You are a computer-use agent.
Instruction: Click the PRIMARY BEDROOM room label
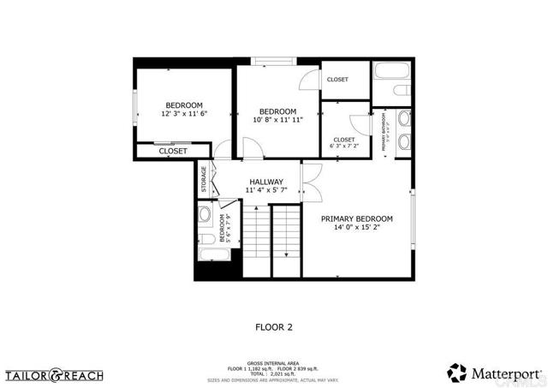[356, 218]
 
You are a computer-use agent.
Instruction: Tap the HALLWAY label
[266, 182]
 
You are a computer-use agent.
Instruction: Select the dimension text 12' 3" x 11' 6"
[184, 114]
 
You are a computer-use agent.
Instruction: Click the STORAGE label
[204, 178]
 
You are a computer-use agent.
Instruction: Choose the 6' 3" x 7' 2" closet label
[344, 146]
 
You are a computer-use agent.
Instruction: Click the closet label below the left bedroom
[173, 151]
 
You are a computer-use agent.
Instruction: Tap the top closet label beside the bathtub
[337, 80]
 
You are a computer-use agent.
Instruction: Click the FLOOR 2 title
[274, 326]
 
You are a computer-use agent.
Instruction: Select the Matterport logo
[494, 373]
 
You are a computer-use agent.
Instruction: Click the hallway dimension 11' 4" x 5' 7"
[266, 192]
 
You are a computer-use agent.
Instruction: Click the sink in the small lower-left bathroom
[205, 214]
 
